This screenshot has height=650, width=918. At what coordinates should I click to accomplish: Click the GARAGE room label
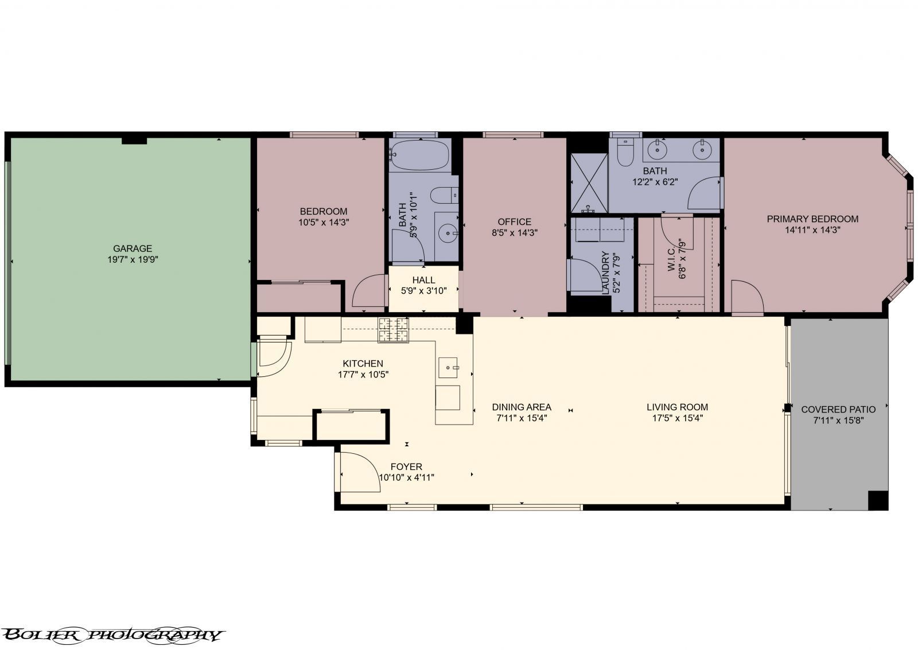tap(132, 248)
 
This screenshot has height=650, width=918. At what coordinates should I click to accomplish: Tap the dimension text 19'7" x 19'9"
tap(132, 259)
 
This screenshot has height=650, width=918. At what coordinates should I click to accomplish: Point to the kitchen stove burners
tap(393, 330)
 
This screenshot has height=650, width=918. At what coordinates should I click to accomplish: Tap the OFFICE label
tap(514, 221)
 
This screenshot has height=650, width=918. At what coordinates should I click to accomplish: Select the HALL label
tap(423, 280)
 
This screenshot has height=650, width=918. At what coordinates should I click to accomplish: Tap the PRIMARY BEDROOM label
tap(812, 219)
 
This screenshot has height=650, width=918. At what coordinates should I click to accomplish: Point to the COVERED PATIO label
tap(838, 409)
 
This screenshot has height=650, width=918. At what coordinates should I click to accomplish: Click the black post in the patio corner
tap(878, 500)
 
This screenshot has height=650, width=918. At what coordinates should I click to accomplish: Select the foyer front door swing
tap(359, 472)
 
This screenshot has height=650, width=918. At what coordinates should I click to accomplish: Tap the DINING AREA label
tap(522, 407)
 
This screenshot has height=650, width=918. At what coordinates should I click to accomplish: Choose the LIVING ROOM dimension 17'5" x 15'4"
tap(677, 418)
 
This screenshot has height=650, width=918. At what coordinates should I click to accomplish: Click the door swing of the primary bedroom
tap(748, 297)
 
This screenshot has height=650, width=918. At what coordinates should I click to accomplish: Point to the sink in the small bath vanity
tap(446, 233)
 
